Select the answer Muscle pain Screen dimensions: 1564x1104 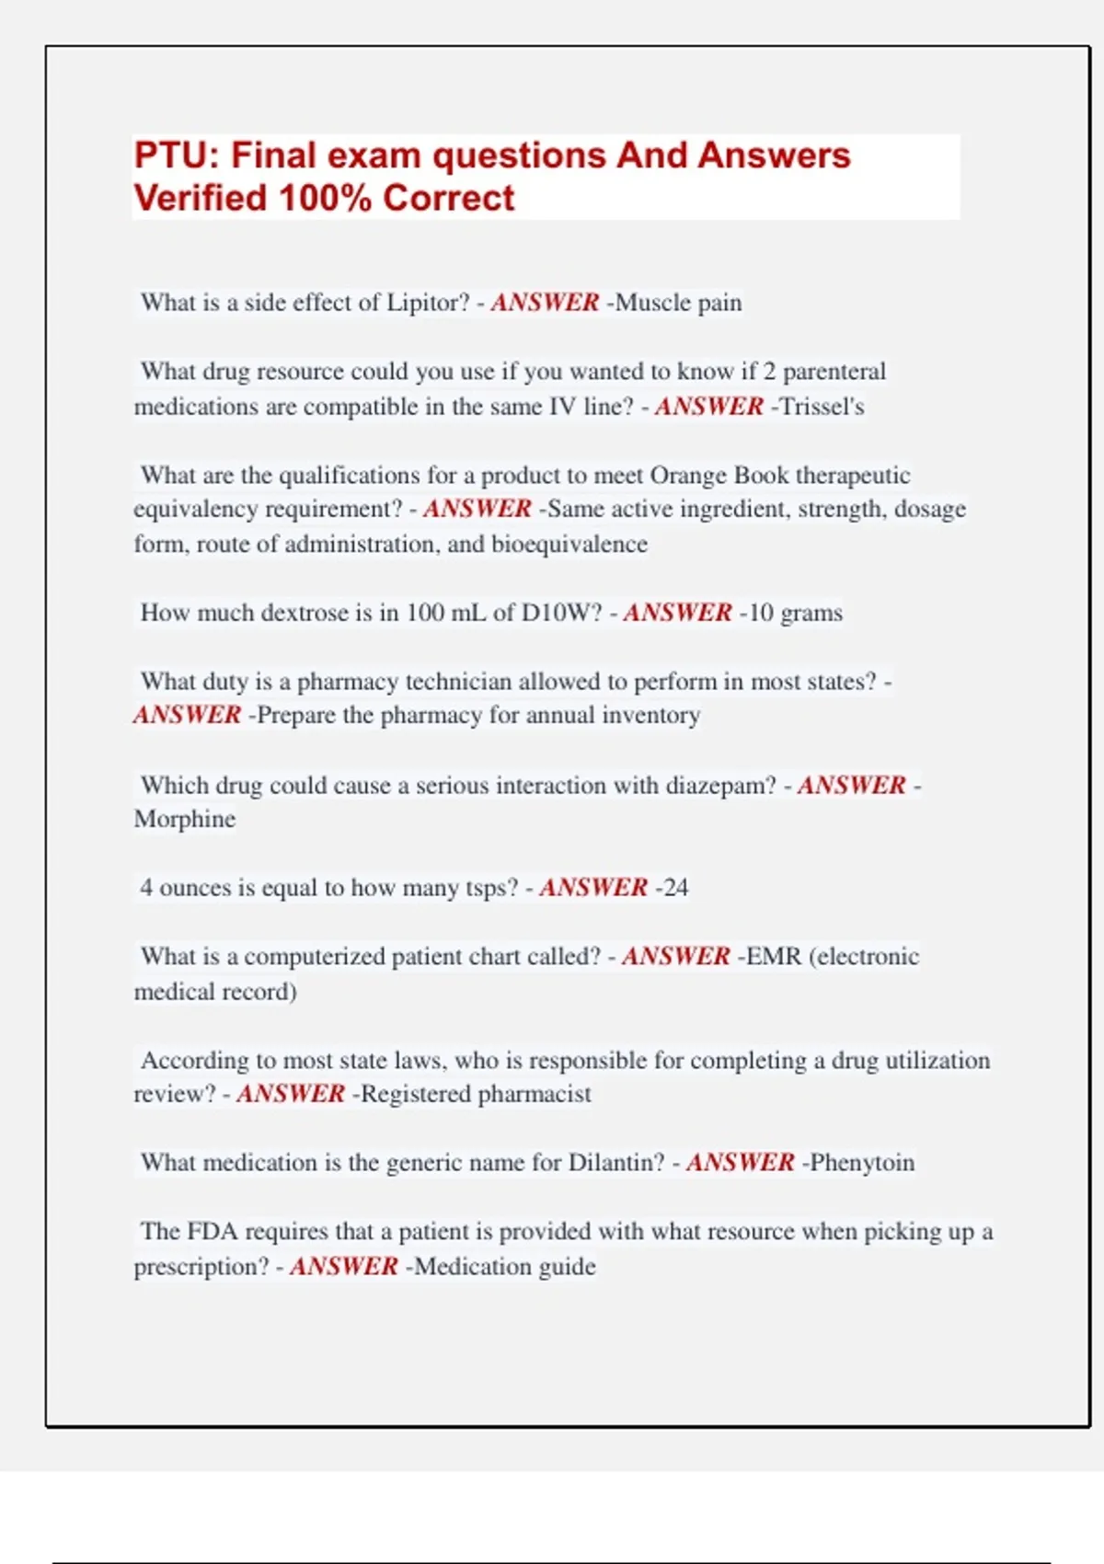point(678,303)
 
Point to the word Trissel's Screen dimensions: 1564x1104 point(822,407)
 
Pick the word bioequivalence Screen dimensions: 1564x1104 point(569,545)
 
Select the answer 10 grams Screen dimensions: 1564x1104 point(795,613)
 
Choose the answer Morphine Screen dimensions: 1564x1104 point(185,819)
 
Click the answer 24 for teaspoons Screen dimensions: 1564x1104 point(675,888)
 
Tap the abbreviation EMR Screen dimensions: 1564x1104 point(774,957)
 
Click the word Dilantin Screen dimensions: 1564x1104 point(615,1163)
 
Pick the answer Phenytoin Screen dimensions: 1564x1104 point(862,1163)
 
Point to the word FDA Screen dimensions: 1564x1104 point(213,1232)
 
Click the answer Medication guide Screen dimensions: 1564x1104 point(505,1267)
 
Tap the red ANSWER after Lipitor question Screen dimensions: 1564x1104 point(545,303)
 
